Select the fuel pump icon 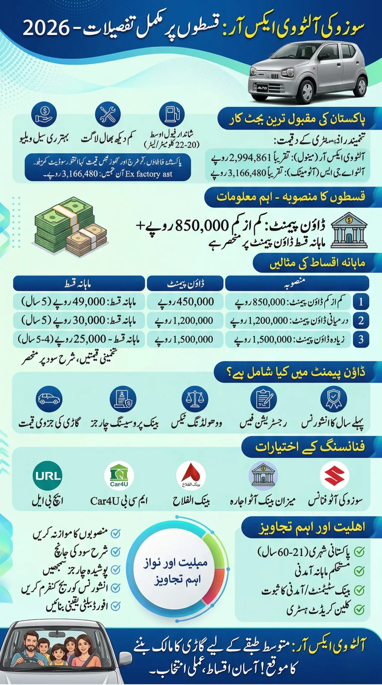pos(172,114)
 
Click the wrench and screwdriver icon pos(108,114)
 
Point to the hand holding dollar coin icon pos(44,114)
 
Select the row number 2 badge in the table pos(361,320)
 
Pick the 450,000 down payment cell pos(185,302)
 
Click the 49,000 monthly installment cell pos(79,302)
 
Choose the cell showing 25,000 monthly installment pos(79,339)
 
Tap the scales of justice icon pos(195,399)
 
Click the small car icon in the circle pos(49,399)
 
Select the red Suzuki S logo pos(334,475)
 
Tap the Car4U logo pos(119,475)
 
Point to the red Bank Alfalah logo pos(191,475)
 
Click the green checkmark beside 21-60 pos(359,551)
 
